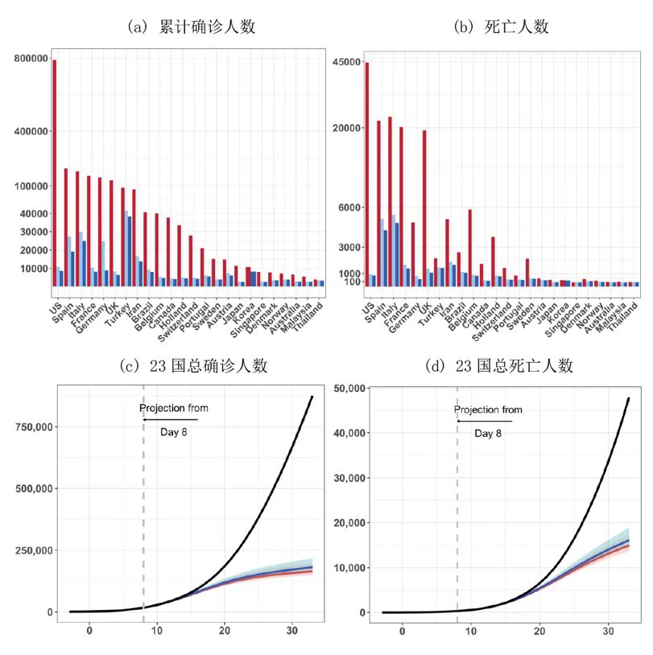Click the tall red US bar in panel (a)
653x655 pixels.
pyautogui.click(x=55, y=172)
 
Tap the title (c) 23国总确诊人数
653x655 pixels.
pyautogui.click(x=193, y=365)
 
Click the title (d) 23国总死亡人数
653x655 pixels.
pyautogui.click(x=500, y=365)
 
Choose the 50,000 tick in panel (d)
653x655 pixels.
pyautogui.click(x=350, y=388)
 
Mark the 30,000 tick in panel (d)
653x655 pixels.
pyautogui.click(x=350, y=478)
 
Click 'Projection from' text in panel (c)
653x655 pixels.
pyautogui.click(x=173, y=408)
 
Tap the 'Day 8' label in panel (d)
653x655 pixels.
pyautogui.click(x=488, y=434)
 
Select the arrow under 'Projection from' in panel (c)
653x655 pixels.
pyautogui.click(x=170, y=420)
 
